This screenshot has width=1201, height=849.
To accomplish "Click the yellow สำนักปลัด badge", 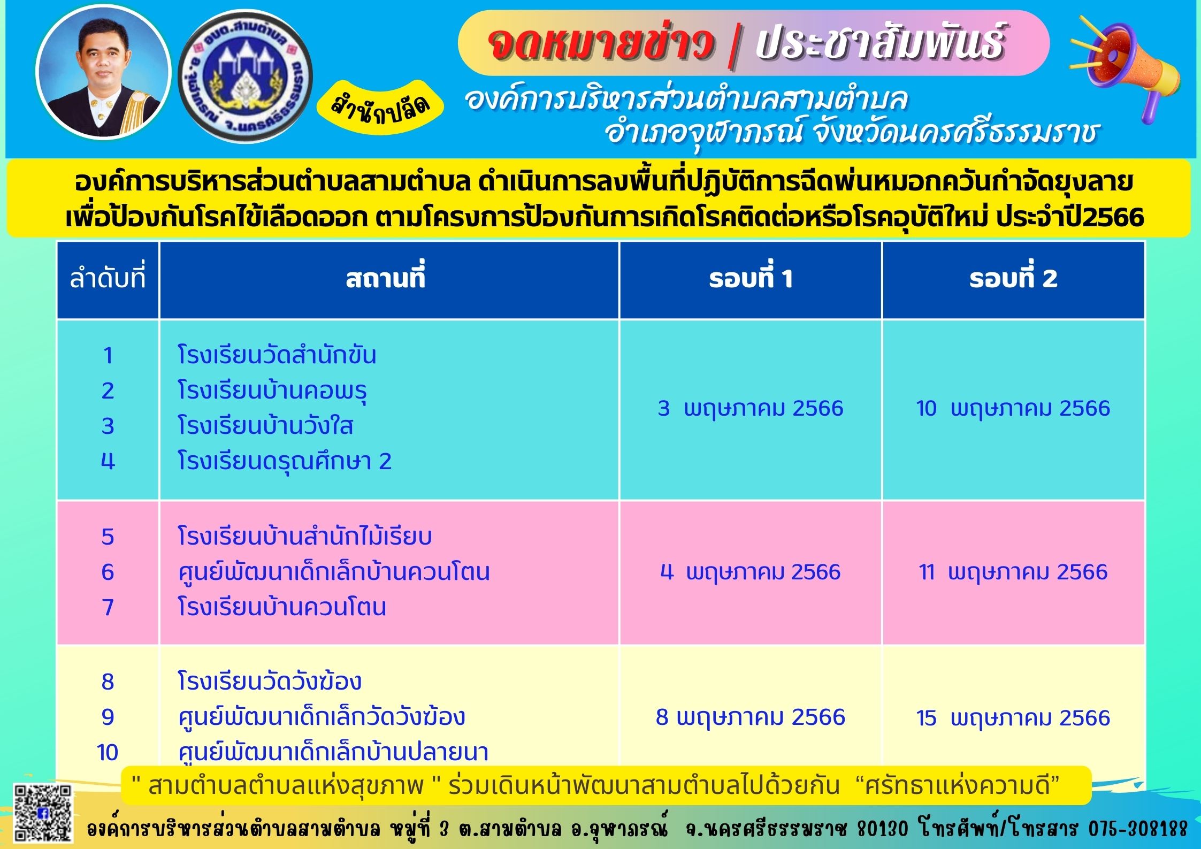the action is (x=381, y=108).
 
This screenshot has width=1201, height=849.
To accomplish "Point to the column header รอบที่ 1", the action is (x=751, y=279).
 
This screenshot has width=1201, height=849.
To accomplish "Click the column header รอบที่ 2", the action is (x=1013, y=279).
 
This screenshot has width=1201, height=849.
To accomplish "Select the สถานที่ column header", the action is (x=385, y=279).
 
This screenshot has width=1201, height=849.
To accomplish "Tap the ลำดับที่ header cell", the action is (x=108, y=279).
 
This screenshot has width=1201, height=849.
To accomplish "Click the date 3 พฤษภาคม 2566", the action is (x=751, y=408).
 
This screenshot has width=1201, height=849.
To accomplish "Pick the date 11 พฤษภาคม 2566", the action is (x=1013, y=572).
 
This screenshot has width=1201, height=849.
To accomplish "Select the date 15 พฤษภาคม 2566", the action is (x=1013, y=717).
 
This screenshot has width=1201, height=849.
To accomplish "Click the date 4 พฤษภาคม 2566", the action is (x=751, y=572).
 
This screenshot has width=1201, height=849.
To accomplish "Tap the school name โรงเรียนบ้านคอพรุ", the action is (x=272, y=391).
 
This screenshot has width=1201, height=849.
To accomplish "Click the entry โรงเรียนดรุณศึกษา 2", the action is (x=285, y=461).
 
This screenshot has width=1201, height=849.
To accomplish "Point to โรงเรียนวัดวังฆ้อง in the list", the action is (x=270, y=682).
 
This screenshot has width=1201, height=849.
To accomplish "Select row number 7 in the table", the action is (x=108, y=607).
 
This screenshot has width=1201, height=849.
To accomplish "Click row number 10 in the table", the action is (x=108, y=753).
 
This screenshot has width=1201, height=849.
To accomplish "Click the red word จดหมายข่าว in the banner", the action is (x=601, y=44).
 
